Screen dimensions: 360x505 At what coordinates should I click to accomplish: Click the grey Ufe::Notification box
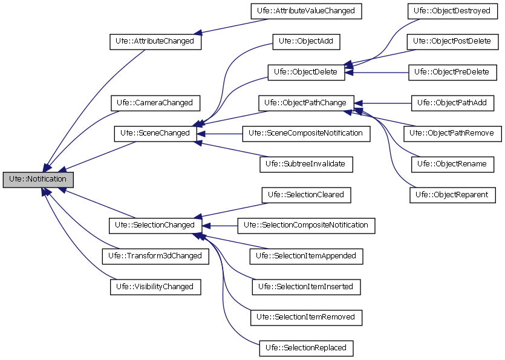(38, 180)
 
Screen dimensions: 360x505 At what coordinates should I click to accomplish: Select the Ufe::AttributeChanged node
(155, 42)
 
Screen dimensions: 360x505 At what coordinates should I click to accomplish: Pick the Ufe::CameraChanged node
(155, 103)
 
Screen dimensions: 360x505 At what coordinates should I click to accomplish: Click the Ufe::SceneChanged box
(155, 133)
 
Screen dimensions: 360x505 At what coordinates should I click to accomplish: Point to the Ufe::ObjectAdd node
(307, 42)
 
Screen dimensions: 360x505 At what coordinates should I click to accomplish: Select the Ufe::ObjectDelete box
(306, 72)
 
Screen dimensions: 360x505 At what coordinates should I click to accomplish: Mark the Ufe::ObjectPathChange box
(306, 103)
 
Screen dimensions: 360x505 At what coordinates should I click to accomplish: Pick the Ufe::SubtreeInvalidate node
(306, 164)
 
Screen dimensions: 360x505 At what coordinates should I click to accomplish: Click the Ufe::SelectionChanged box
(155, 225)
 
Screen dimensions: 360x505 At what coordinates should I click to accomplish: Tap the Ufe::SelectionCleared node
(306, 195)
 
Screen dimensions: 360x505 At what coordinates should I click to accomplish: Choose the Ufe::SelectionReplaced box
(306, 348)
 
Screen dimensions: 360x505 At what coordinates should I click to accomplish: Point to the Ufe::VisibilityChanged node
(155, 287)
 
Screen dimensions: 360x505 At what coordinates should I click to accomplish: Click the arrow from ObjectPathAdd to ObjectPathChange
(387, 103)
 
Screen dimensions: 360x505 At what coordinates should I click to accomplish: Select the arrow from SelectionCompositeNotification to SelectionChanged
(221, 225)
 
